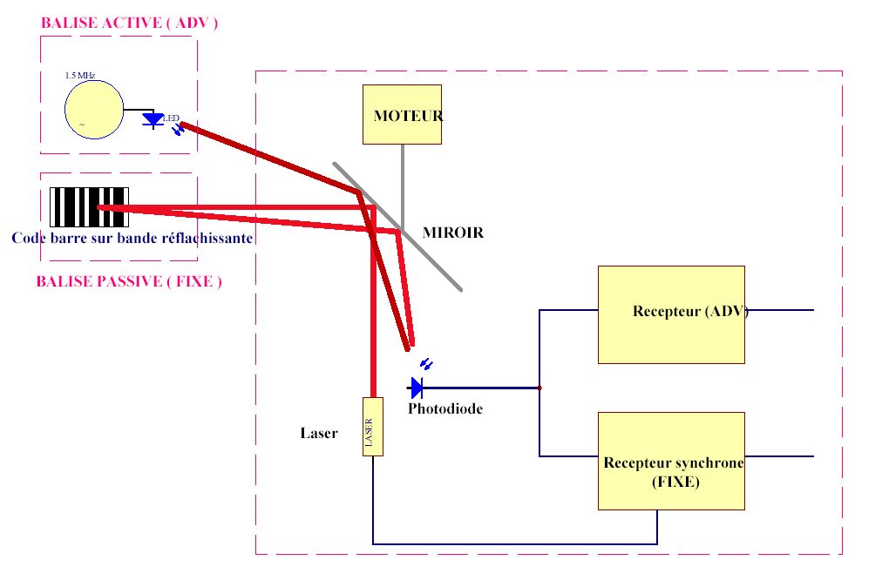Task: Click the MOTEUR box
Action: [402, 114]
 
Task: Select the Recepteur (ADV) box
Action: [671, 314]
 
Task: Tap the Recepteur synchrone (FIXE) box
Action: [671, 461]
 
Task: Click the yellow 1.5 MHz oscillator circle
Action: [93, 108]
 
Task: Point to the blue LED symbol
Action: [153, 120]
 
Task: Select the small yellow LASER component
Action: [372, 426]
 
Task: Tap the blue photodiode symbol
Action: [417, 387]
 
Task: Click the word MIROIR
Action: [452, 233]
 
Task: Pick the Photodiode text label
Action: [444, 408]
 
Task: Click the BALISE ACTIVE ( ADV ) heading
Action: [129, 24]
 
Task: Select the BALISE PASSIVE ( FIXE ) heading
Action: [129, 281]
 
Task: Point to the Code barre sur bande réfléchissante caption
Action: [132, 238]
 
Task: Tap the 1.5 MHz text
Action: [79, 76]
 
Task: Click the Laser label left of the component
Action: [318, 433]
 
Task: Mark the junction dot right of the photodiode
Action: [539, 388]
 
